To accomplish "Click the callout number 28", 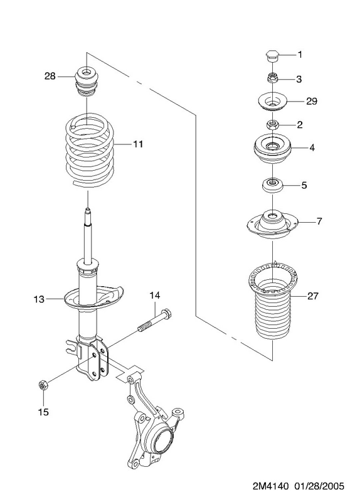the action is [50, 76].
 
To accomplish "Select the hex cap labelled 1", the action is [272, 57].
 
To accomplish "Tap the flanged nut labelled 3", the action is [272, 78].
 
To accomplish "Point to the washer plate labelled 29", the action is [272, 102].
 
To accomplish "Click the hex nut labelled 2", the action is [272, 124].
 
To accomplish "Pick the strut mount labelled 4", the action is [272, 149].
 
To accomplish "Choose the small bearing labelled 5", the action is [272, 185].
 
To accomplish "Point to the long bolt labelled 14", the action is [155, 321].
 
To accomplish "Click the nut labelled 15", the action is [43, 385].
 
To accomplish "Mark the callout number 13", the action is [39, 299].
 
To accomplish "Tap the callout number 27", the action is [313, 296].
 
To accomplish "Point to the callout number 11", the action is [138, 144].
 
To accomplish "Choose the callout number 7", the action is [319, 221].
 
